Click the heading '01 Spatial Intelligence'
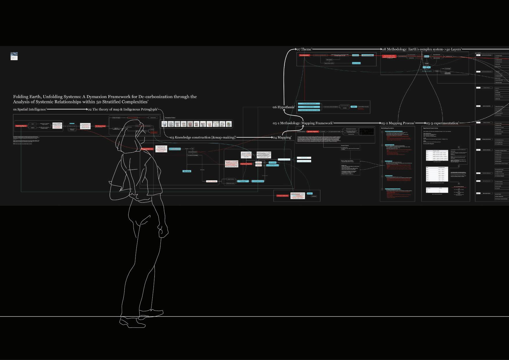tap(30, 109)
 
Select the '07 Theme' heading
tap(304, 49)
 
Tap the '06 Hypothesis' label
tap(284, 107)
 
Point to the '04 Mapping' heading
tap(282, 137)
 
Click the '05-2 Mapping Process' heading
tap(398, 123)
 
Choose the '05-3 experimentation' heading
tap(442, 123)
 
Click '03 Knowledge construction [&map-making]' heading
tap(203, 137)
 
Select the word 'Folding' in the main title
tap(21, 97)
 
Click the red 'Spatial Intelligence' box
tap(21, 126)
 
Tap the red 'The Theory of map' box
tap(100, 126)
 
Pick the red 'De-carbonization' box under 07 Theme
tap(304, 55)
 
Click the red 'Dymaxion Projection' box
tap(313, 132)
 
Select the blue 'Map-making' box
tap(187, 171)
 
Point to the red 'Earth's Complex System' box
tap(389, 56)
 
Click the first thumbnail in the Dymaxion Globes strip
tap(165, 124)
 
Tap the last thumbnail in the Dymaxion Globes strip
tap(229, 124)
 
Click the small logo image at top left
tap(14, 56)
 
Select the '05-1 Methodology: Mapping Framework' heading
tap(303, 123)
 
